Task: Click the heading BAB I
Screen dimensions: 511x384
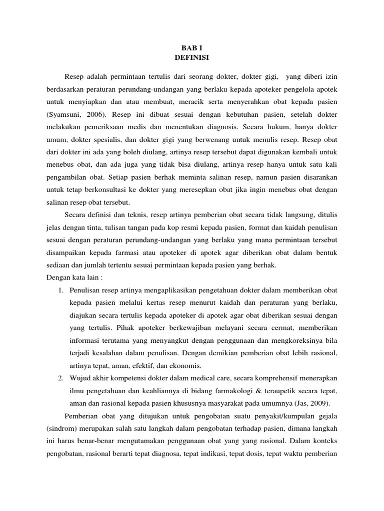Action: tap(192, 49)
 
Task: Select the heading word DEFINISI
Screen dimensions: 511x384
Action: tap(192, 58)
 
